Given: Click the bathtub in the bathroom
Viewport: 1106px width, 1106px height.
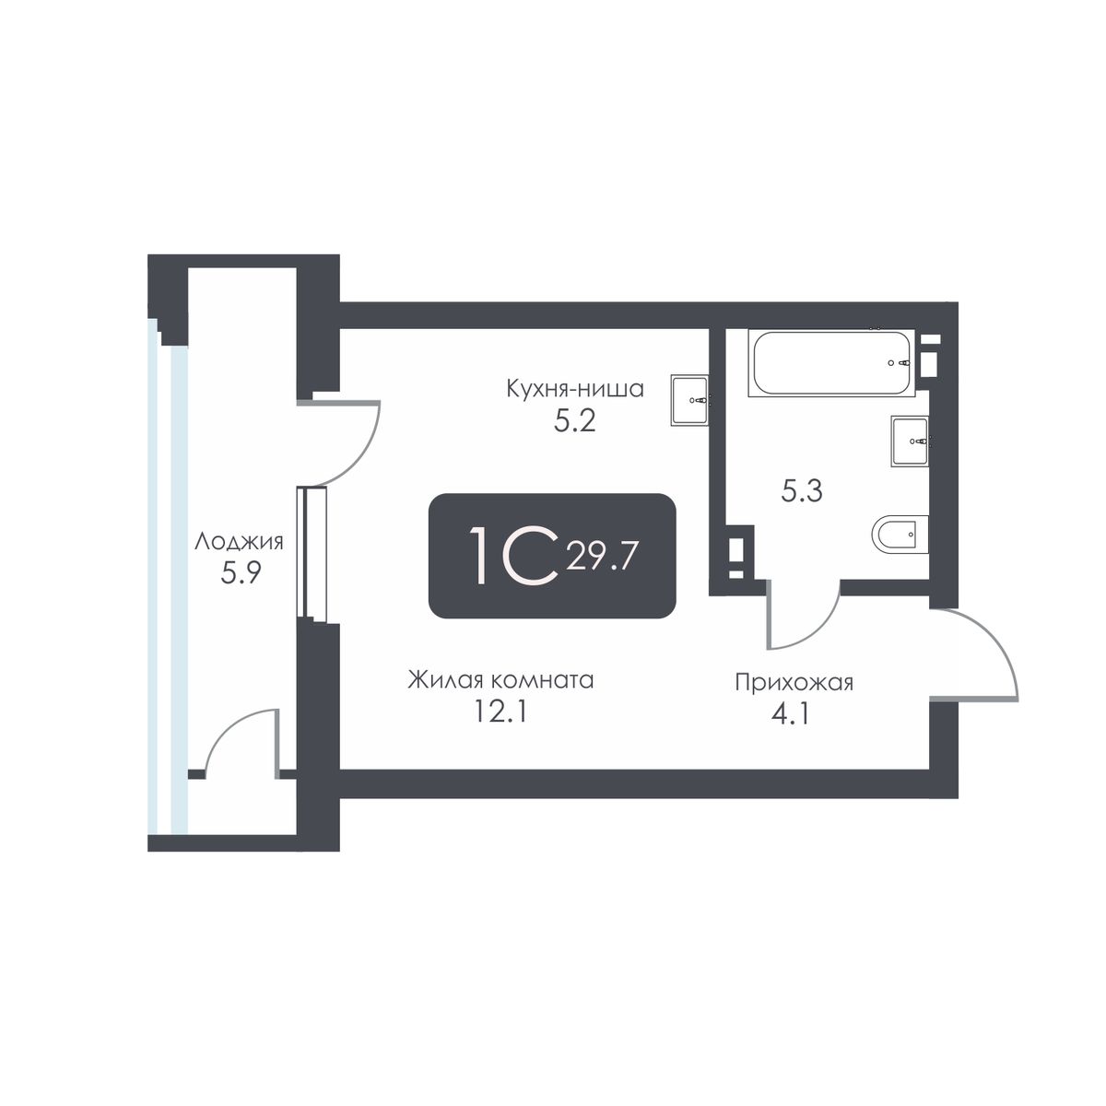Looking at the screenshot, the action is [x=830, y=363].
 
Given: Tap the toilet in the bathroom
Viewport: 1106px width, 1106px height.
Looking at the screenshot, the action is [x=900, y=534].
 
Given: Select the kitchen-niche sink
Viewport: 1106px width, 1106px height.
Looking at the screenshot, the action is [x=689, y=400].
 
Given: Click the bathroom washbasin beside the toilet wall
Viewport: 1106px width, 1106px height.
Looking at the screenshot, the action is [x=911, y=441].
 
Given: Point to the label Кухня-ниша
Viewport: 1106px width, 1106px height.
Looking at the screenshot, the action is [x=575, y=389].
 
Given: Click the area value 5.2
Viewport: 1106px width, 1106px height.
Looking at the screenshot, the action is [x=574, y=422].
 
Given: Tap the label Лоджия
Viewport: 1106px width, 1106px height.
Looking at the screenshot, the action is [x=239, y=542].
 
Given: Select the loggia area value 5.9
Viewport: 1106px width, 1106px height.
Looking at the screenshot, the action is [x=241, y=572].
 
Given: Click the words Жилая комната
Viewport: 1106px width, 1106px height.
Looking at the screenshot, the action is [x=500, y=681].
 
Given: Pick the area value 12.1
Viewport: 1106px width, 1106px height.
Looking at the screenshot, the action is [x=500, y=712].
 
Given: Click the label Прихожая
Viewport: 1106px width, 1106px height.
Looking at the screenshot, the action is [x=794, y=683].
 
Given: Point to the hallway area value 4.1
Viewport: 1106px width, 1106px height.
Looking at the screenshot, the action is [x=794, y=715].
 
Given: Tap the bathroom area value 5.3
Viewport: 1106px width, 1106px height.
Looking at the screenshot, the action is [x=802, y=492].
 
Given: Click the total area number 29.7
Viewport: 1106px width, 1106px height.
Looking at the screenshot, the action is [x=602, y=557].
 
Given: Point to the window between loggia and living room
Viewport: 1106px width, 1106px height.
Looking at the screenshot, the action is [x=312, y=555].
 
